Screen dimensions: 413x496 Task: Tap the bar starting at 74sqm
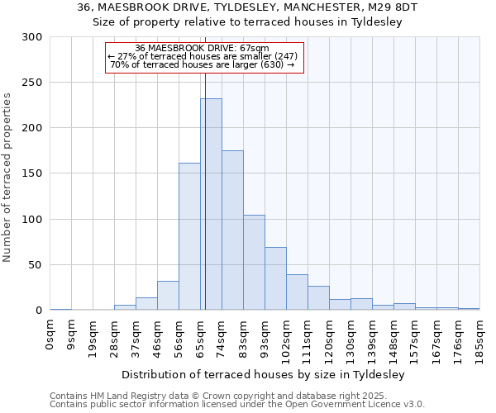(232, 230)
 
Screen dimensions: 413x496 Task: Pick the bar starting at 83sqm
(254, 263)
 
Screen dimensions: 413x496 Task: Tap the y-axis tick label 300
(31, 37)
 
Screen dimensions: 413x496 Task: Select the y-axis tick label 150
(31, 173)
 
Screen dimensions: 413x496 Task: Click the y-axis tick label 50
(35, 265)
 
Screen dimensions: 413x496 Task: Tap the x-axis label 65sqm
(200, 337)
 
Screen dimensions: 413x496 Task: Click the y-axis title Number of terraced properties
(7, 178)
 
